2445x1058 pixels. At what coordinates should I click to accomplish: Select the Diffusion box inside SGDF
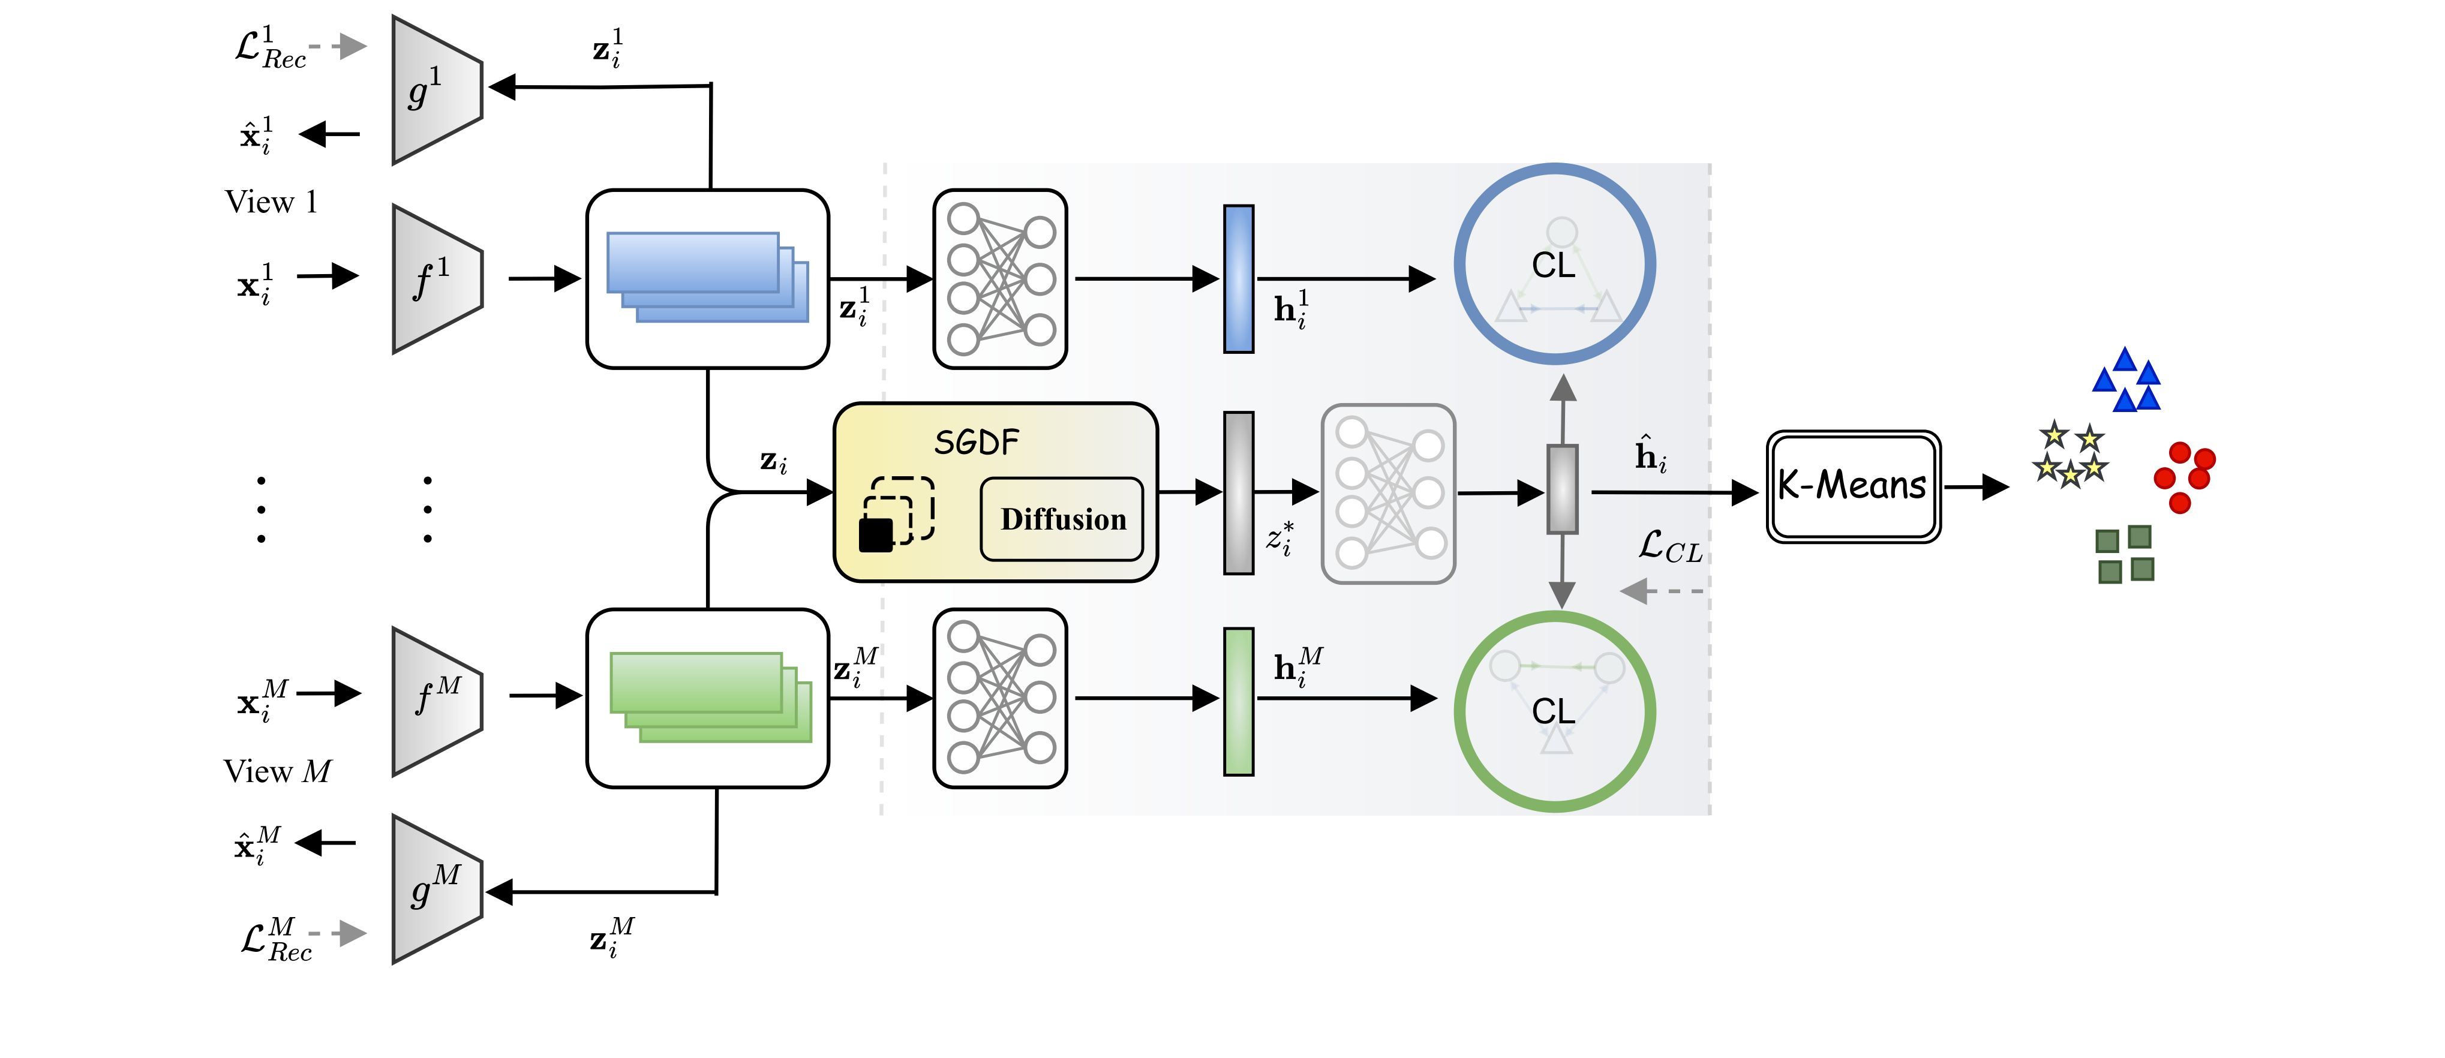[x=1062, y=519]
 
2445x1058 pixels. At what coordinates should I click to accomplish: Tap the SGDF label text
[x=976, y=442]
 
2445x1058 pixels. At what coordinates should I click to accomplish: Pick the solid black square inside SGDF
[x=875, y=535]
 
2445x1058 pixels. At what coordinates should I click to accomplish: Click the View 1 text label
[x=271, y=202]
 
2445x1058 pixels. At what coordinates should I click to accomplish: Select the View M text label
[x=277, y=771]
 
